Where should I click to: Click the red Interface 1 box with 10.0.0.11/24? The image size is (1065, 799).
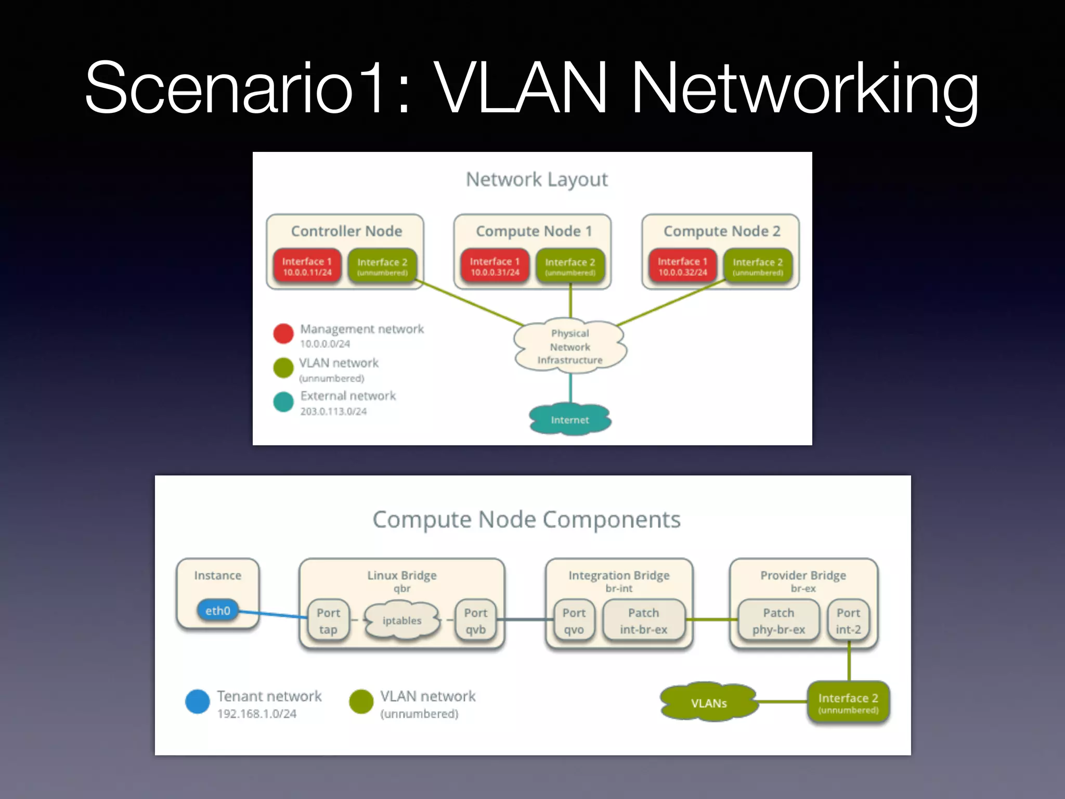(307, 266)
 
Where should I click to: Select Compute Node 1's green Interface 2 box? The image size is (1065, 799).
(570, 266)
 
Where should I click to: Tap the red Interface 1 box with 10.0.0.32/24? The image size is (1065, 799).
(682, 266)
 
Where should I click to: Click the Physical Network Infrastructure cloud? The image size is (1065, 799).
(570, 346)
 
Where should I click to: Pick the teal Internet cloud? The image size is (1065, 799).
(570, 419)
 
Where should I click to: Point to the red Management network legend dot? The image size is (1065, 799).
(283, 333)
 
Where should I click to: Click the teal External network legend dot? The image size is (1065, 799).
(283, 402)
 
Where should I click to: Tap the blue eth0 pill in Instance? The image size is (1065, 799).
(217, 610)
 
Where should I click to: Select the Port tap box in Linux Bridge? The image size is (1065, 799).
(328, 621)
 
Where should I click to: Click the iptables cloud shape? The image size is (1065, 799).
(401, 620)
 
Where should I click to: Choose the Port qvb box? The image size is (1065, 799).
(475, 621)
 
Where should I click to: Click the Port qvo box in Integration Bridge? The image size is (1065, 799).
(574, 621)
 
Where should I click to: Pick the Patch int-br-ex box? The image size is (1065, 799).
(643, 621)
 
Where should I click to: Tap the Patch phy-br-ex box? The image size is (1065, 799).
(778, 621)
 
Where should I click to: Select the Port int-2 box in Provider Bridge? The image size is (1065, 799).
(848, 621)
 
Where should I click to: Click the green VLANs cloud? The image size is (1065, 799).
(708, 703)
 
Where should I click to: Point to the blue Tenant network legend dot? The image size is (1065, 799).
(198, 701)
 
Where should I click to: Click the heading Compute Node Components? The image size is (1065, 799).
(526, 519)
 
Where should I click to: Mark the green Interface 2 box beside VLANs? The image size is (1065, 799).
(848, 703)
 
